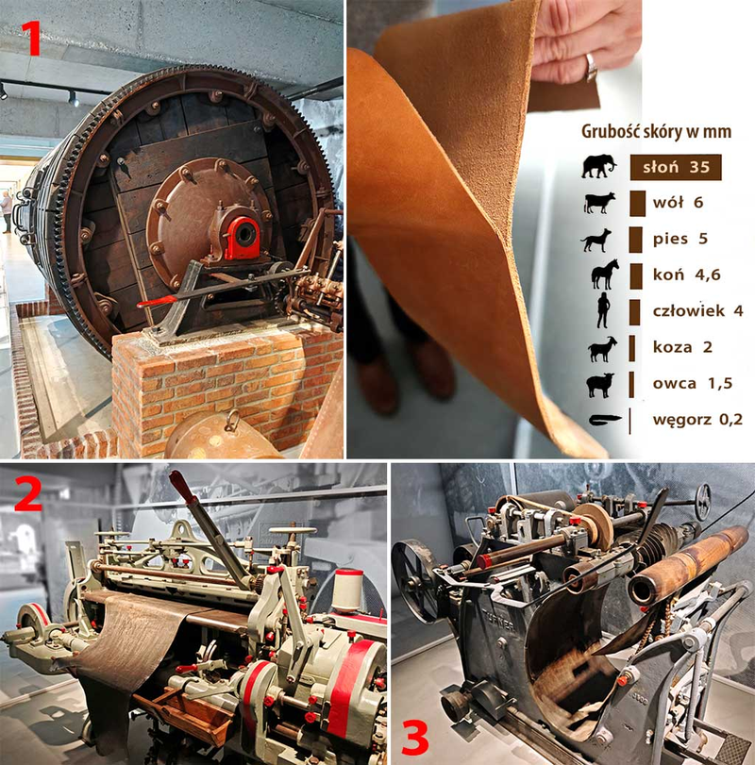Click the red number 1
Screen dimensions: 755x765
pos(33,38)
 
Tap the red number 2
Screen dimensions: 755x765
pos(28,493)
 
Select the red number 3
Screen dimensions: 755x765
pos(415,739)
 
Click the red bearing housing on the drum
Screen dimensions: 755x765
pos(242,238)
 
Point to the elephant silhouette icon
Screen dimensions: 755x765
pos(599,166)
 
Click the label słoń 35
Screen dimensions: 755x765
pos(676,167)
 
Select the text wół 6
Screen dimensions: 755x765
pos(678,203)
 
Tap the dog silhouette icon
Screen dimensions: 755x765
pos(596,240)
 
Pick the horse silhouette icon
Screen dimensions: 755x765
pos(605,274)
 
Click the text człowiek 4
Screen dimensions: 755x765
pos(697,310)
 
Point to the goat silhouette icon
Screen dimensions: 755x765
pos(602,349)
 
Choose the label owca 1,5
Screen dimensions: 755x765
pos(693,384)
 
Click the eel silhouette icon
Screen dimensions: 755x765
pos(605,420)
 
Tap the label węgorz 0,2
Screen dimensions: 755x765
pos(697,420)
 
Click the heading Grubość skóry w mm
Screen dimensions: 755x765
pos(657,132)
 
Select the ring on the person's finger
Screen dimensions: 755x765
pos(591,67)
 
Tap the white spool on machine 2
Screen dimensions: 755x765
pos(347,590)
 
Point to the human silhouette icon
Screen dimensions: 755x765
pos(604,310)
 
